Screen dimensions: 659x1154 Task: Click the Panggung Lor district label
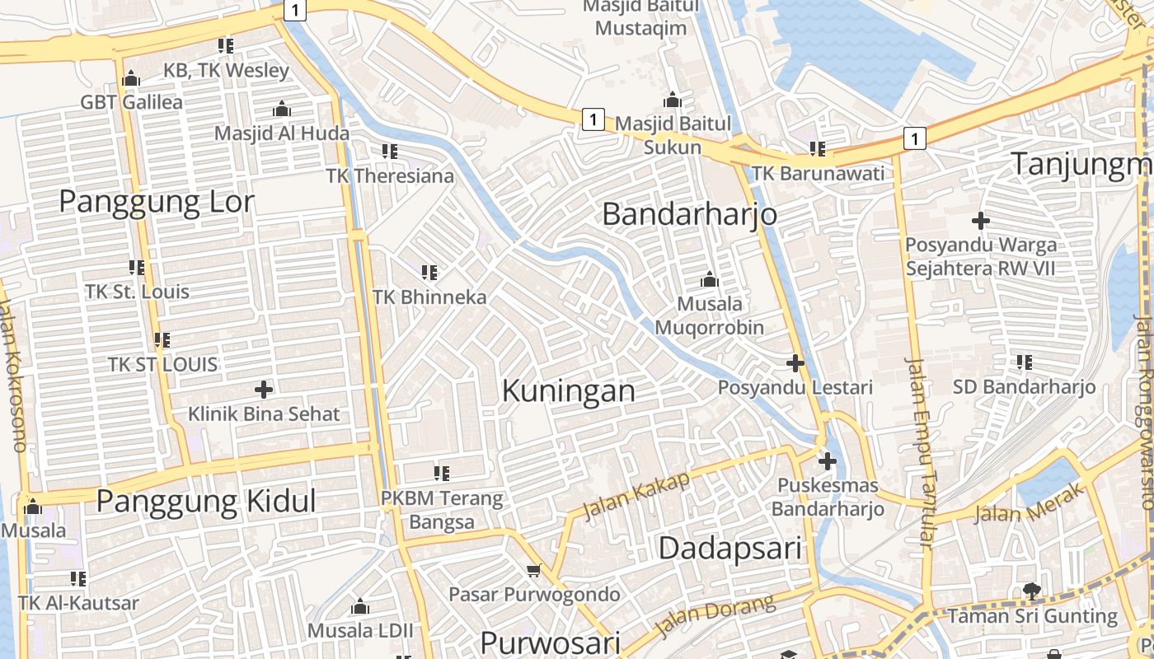tap(157, 202)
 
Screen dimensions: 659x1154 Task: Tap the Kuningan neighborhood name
tap(569, 390)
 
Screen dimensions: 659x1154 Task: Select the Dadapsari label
tap(730, 548)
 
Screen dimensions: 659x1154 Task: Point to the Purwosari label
tap(550, 643)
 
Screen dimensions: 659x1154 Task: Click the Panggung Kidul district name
tap(206, 501)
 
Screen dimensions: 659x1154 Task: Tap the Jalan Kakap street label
tap(636, 497)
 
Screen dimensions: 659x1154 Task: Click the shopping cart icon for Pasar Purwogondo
tap(534, 570)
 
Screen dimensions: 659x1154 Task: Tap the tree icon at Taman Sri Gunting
tap(1031, 591)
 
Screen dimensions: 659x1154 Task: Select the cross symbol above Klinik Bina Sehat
tap(264, 389)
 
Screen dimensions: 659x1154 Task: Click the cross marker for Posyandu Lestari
tap(795, 362)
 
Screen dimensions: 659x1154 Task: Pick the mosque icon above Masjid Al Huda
tap(282, 109)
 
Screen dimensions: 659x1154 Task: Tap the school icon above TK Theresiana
tap(390, 152)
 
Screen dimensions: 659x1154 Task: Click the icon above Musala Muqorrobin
tap(709, 280)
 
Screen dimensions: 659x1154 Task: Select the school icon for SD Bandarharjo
tap(1025, 362)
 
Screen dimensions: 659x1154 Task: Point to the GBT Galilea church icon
tap(131, 79)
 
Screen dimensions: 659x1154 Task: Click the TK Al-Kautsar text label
tap(78, 603)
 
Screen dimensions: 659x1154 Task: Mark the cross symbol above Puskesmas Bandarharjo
tap(828, 461)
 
